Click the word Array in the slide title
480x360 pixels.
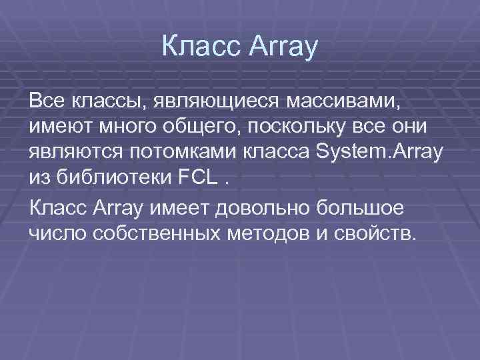click(283, 48)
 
